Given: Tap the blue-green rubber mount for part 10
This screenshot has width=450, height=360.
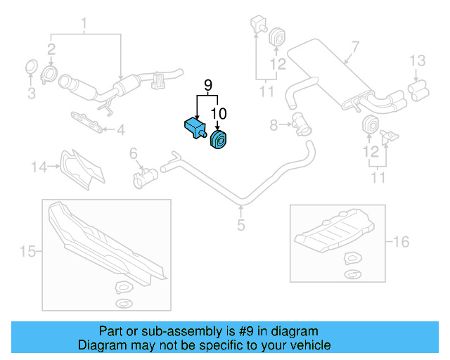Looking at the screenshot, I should coord(217,141).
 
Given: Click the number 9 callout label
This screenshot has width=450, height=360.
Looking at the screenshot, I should coord(207,86).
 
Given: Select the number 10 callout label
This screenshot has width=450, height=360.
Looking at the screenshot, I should coord(218,112).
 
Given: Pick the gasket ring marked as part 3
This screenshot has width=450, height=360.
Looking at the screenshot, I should coord(32,67).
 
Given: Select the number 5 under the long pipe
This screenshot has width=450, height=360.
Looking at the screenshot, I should coord(240,225).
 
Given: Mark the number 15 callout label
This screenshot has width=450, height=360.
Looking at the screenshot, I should coord(27,251).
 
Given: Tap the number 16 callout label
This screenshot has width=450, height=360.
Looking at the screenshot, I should coord(400,242).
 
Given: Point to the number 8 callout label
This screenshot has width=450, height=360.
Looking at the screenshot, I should coord(274,125).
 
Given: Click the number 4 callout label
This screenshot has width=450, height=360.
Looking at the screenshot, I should coord(120,129).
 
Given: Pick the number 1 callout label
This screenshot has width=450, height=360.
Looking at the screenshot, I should coord(84,27).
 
